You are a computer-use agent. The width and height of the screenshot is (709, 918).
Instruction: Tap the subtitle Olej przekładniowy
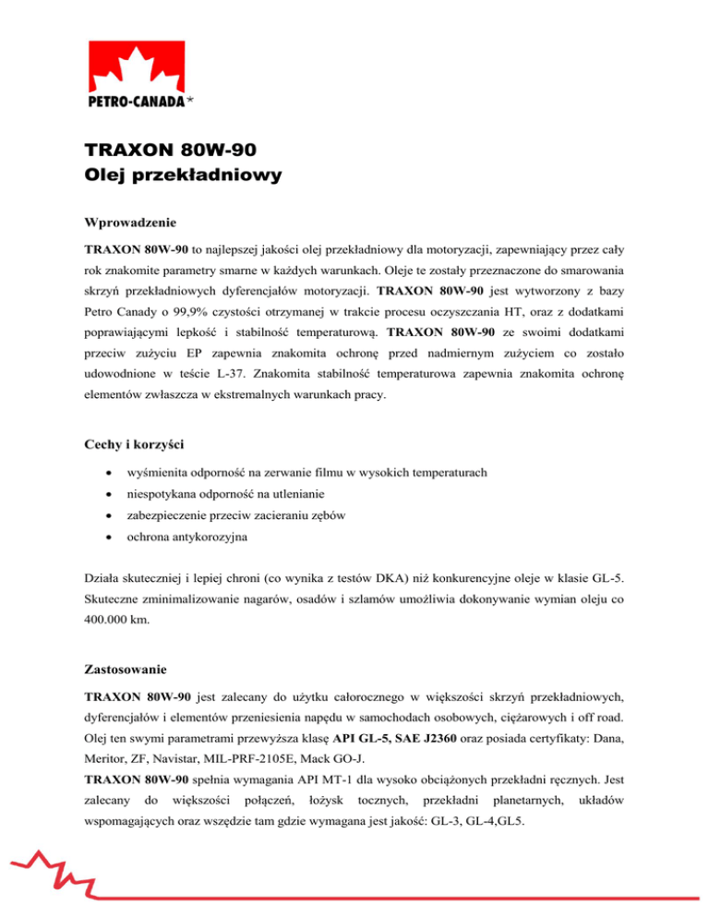coord(183,175)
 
